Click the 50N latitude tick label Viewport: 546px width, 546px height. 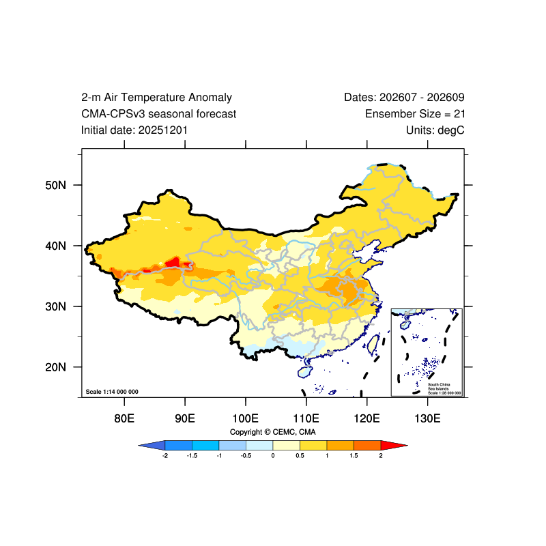55,185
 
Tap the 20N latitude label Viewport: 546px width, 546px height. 55,367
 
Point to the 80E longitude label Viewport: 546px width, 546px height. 124,418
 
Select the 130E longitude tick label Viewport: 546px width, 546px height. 428,418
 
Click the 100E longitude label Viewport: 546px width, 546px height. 246,418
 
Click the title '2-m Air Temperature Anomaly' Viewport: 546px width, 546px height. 156,98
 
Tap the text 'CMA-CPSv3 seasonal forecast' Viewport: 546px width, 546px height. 158,114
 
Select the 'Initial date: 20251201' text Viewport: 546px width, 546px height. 134,130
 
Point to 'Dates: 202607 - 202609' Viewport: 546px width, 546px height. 404,98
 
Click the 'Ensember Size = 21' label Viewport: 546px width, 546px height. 415,114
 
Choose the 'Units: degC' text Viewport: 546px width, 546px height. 435,130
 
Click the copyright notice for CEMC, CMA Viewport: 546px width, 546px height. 272,432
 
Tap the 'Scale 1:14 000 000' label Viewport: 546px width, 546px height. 112,392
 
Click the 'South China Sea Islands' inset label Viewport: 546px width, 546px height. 439,386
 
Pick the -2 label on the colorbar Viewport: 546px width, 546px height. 165,456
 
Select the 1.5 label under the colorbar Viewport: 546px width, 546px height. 354,456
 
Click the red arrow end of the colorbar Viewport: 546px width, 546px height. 394,446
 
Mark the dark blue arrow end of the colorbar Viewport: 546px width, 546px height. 152,446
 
